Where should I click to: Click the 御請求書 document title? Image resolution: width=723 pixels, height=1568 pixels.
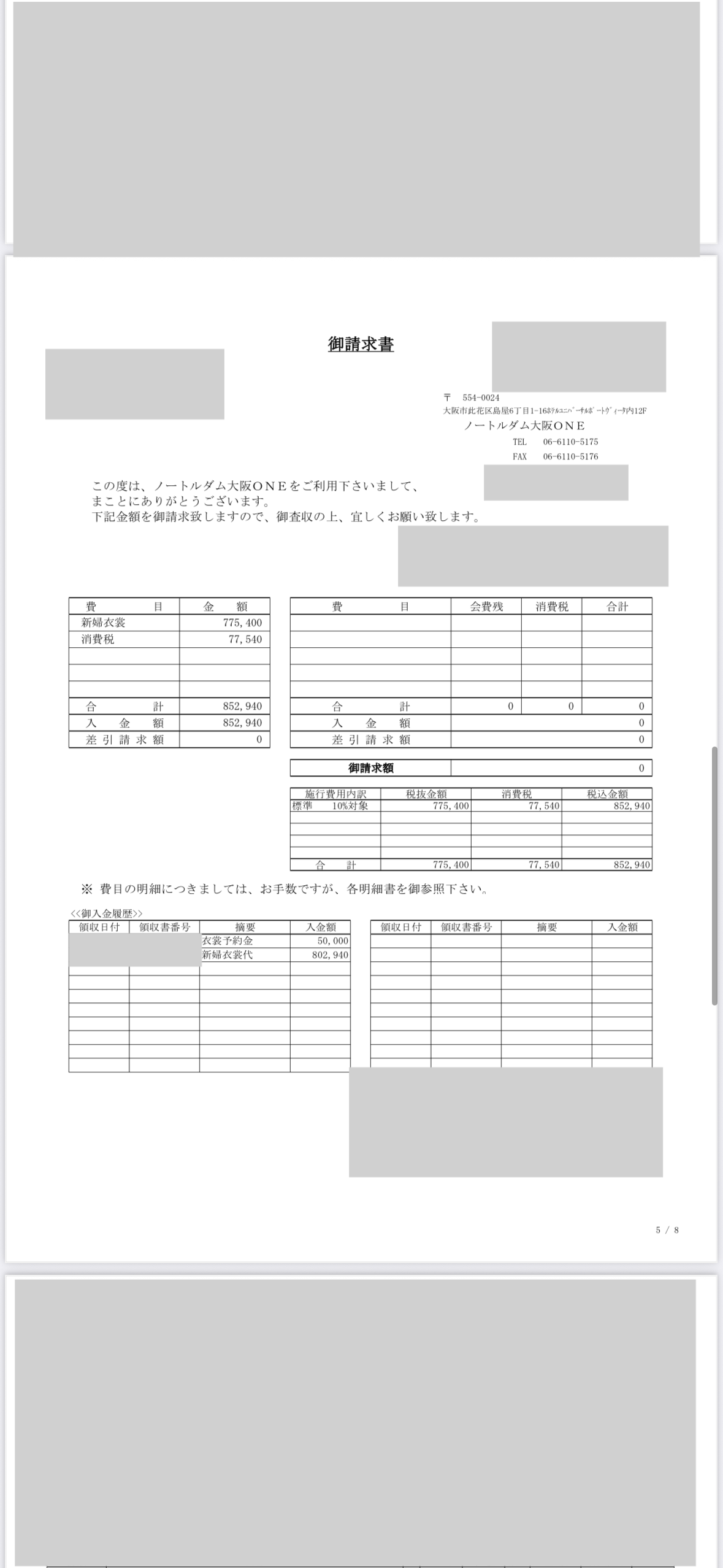pyautogui.click(x=361, y=345)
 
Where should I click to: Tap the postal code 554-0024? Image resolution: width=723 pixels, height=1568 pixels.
pyautogui.click(x=481, y=398)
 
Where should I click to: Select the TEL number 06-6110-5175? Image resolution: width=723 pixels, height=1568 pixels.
pyautogui.click(x=570, y=442)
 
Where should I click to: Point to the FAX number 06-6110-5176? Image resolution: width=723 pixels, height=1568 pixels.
pyautogui.click(x=570, y=456)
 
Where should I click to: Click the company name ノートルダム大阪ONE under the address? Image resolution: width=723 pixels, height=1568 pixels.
pyautogui.click(x=524, y=426)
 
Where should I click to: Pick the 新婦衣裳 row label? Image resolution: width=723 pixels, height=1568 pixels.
pyautogui.click(x=104, y=623)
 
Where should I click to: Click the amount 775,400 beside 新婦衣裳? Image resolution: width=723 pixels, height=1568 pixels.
pyautogui.click(x=242, y=623)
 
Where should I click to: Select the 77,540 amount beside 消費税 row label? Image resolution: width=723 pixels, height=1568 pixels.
pyautogui.click(x=245, y=639)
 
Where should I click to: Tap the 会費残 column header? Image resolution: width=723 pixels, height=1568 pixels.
pyautogui.click(x=486, y=607)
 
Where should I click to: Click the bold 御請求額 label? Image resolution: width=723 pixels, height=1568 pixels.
pyautogui.click(x=370, y=768)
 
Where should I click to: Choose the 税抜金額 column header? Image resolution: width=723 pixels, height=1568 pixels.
pyautogui.click(x=426, y=794)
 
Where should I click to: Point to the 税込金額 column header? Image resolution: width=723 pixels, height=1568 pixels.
pyautogui.click(x=607, y=794)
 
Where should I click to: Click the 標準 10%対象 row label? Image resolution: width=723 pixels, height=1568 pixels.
pyautogui.click(x=330, y=805)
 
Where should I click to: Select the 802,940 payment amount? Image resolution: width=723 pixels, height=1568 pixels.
pyautogui.click(x=330, y=955)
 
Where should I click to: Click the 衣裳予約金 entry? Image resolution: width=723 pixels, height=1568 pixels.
pyautogui.click(x=228, y=940)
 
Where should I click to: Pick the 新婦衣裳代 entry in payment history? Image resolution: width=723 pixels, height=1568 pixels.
pyautogui.click(x=228, y=955)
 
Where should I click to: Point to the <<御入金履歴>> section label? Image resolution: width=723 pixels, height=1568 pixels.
pyautogui.click(x=107, y=913)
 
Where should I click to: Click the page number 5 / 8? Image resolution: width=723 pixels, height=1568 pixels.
pyautogui.click(x=667, y=1230)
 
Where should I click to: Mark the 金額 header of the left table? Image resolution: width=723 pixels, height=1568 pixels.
pyautogui.click(x=225, y=607)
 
